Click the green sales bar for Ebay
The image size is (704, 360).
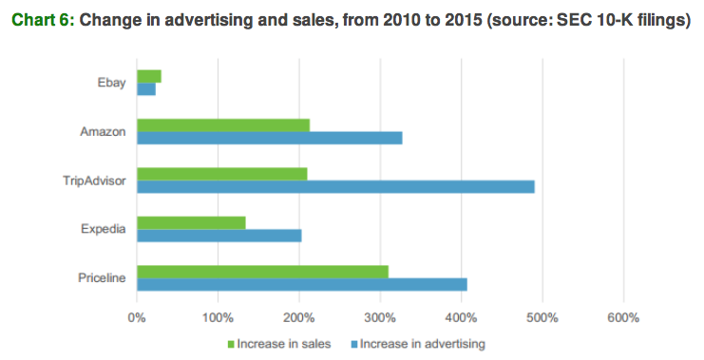click(149, 76)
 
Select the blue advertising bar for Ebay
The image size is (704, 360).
click(146, 88)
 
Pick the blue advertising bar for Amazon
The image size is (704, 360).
click(270, 138)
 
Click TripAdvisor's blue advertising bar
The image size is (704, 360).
click(335, 186)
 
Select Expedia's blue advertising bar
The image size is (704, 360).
click(219, 236)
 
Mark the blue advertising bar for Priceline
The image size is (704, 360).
click(302, 284)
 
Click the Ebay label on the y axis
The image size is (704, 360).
click(110, 83)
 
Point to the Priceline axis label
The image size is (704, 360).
click(103, 277)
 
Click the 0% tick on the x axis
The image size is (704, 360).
click(137, 316)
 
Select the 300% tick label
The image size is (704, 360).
click(380, 316)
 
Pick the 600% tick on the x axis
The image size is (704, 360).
click(623, 316)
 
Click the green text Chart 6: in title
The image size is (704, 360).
click(42, 20)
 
